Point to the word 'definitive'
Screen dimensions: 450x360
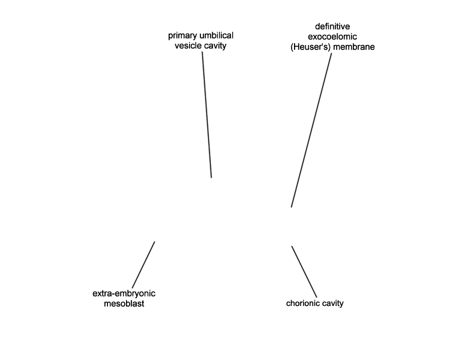[x=332, y=26]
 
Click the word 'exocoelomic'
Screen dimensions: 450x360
[x=332, y=37]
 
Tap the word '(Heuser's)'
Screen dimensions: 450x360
[x=311, y=47]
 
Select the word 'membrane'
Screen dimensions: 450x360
[x=354, y=47]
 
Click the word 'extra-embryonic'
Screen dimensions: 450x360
[x=124, y=293]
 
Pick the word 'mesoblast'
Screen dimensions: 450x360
[x=124, y=304]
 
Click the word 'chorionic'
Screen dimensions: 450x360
[x=301, y=303]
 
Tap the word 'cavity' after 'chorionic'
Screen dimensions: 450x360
[x=331, y=304]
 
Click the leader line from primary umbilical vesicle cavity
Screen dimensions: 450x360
[x=207, y=115]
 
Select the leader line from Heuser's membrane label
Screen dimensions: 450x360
[x=311, y=130]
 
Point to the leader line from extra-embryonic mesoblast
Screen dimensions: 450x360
[x=143, y=265]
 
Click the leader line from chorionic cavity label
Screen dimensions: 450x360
[x=304, y=272]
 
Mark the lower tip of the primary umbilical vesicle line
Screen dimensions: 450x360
[x=212, y=178]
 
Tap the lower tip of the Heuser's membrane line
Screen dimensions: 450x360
[x=291, y=207]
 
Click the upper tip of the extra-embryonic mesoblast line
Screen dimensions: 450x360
[x=155, y=241]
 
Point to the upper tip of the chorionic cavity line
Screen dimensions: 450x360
[x=292, y=246]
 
